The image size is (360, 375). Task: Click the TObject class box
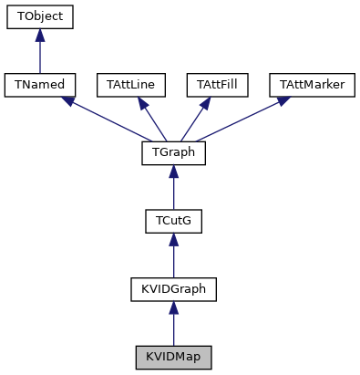(x=39, y=17)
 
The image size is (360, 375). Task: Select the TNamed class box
(x=39, y=85)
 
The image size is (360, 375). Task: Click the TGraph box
(x=173, y=152)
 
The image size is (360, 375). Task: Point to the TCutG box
(x=173, y=221)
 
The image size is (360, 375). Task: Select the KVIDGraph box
(x=173, y=289)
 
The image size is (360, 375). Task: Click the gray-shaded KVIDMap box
(x=173, y=357)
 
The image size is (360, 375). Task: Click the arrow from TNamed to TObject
(x=39, y=55)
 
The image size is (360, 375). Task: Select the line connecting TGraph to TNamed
(x=109, y=120)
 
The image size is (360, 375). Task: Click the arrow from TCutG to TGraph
(x=173, y=190)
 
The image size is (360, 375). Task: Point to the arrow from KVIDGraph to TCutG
(x=173, y=258)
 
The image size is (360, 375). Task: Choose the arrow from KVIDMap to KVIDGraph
(x=173, y=327)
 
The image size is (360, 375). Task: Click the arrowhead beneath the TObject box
(x=39, y=36)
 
